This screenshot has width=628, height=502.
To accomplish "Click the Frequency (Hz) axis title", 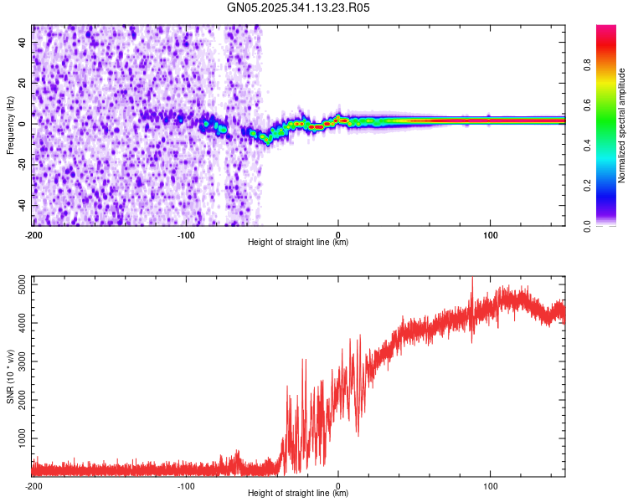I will click(9, 125).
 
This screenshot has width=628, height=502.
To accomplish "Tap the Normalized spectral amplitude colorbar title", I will click(622, 125).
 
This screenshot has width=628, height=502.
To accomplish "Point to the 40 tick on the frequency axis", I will click(23, 42).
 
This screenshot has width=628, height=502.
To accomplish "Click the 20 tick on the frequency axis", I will click(23, 83).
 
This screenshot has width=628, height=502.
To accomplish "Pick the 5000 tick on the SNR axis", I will click(18, 286).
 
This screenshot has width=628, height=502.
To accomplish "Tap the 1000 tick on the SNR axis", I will click(18, 438).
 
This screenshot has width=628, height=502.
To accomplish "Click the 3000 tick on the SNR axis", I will click(18, 362).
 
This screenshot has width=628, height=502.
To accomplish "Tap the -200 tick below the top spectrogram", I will click(33, 235).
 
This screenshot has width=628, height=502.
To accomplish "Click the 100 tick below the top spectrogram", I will click(490, 235).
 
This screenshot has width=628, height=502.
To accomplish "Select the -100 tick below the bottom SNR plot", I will click(186, 486).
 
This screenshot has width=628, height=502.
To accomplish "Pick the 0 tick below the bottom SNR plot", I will click(338, 486).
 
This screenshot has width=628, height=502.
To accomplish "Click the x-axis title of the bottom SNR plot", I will click(298, 494).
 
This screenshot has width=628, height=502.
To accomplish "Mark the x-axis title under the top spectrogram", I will click(298, 243).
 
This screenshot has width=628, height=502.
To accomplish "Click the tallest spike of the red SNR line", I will click(472, 279).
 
